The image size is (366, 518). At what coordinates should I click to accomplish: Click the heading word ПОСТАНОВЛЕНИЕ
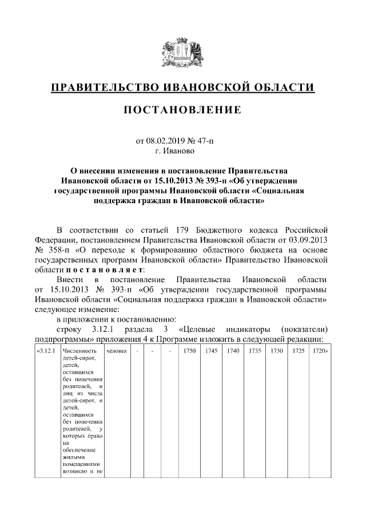click(182, 110)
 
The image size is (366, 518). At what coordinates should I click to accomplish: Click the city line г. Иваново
click(182, 151)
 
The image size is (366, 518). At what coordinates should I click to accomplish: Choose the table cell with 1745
click(211, 351)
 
